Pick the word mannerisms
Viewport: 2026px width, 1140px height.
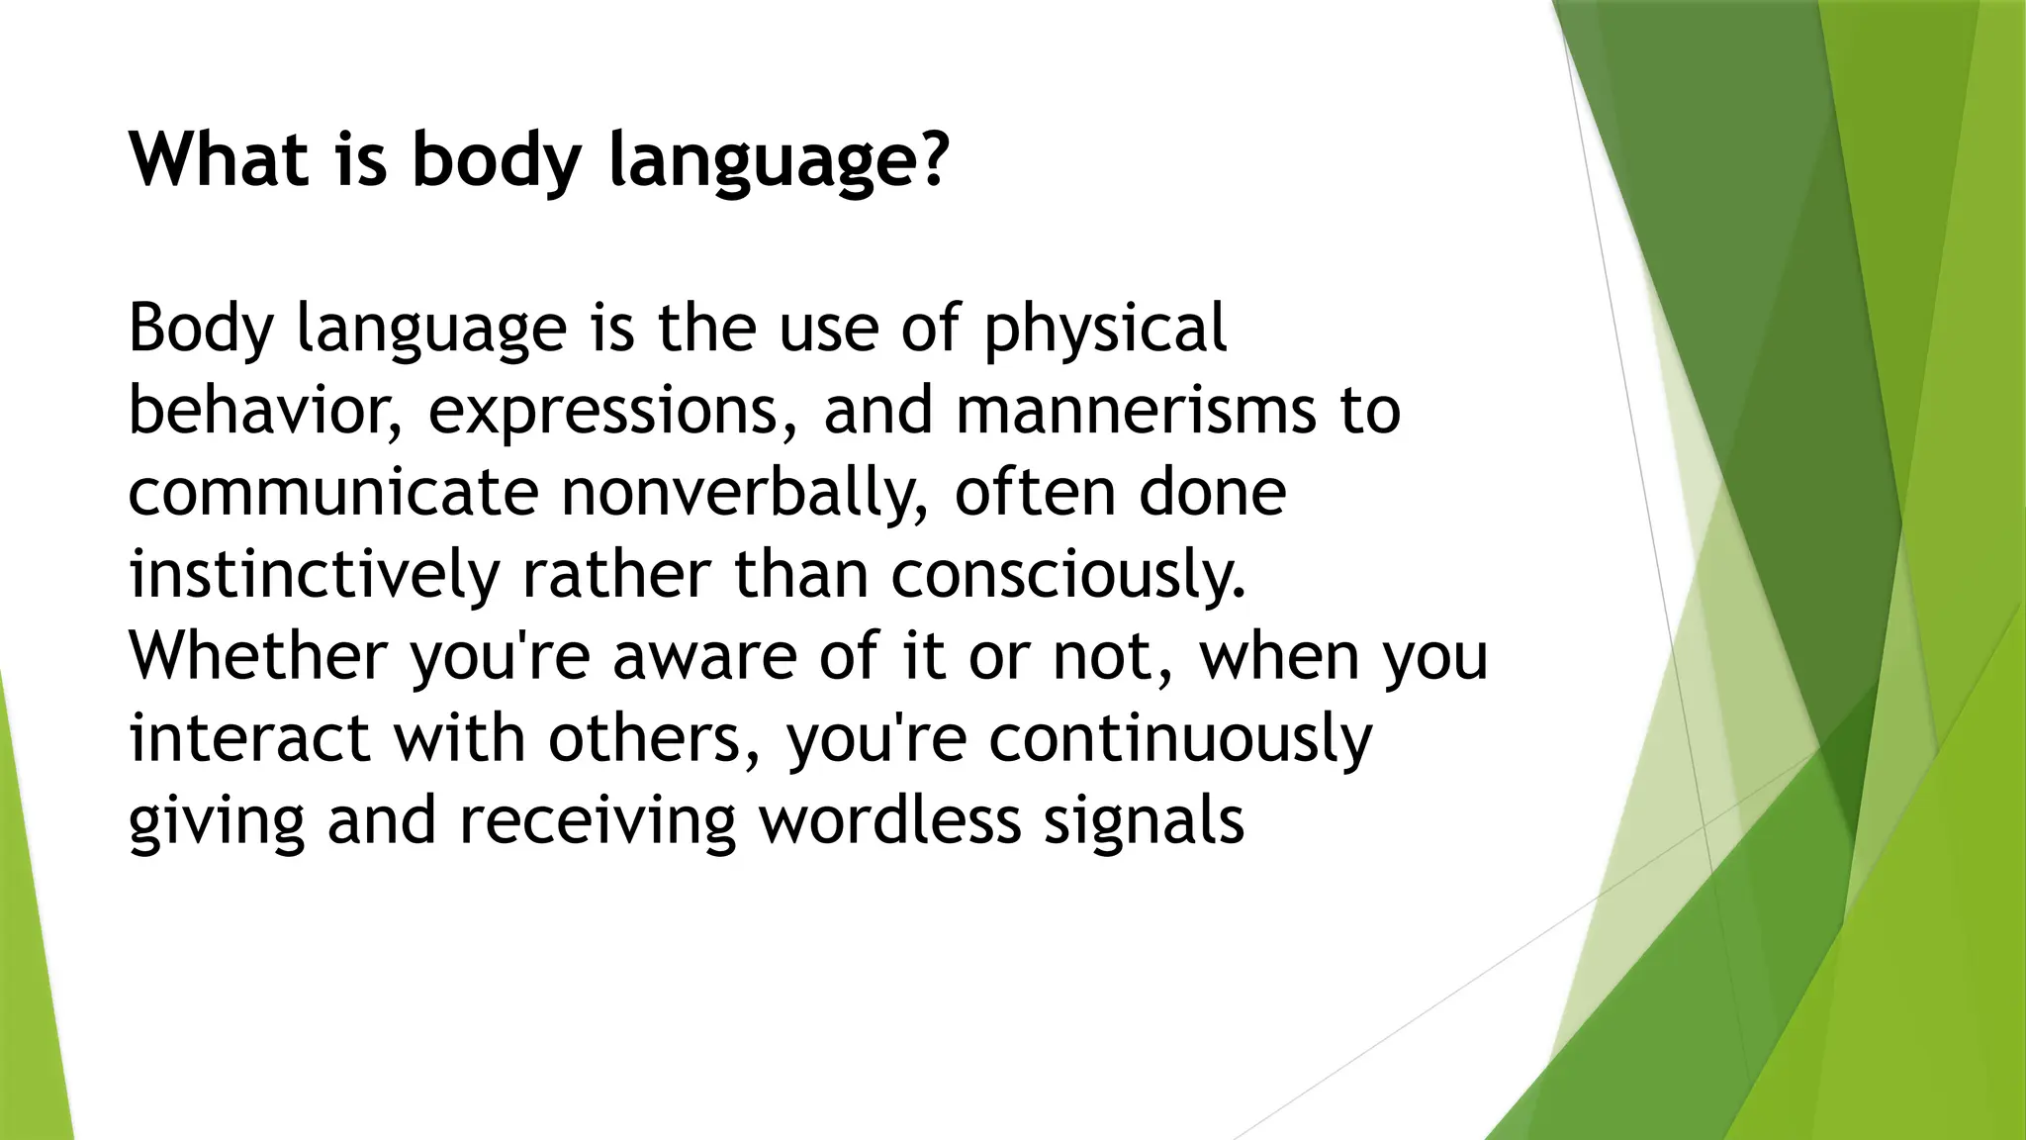click(x=1137, y=411)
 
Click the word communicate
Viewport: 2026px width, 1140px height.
click(x=332, y=493)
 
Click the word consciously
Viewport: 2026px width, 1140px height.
click(x=1067, y=575)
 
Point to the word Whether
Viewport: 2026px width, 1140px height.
click(x=258, y=656)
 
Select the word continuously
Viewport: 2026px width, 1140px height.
click(x=1180, y=740)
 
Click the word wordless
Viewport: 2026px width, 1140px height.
click(x=889, y=820)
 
